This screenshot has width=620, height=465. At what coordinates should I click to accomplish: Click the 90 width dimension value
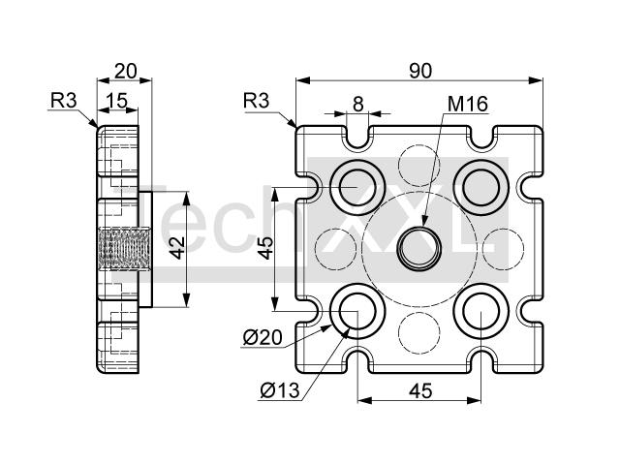[x=420, y=71]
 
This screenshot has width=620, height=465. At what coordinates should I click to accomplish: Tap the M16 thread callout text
[x=468, y=104]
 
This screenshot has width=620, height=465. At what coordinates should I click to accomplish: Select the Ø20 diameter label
[x=263, y=338]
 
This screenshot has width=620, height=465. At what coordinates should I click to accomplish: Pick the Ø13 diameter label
[x=280, y=390]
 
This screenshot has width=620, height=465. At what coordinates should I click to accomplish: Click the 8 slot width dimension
[x=357, y=105]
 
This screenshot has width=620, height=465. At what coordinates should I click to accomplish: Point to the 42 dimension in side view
[x=178, y=248]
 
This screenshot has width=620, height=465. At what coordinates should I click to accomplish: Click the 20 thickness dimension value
[x=125, y=71]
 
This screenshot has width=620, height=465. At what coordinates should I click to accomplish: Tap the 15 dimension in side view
[x=118, y=101]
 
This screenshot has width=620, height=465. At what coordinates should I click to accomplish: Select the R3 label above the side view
[x=63, y=101]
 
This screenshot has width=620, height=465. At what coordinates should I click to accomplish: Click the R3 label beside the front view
[x=256, y=101]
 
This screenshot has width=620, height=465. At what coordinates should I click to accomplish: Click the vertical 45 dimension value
[x=265, y=248]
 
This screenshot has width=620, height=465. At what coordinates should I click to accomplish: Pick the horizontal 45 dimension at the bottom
[x=420, y=391]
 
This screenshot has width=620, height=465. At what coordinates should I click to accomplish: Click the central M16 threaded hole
[x=419, y=248]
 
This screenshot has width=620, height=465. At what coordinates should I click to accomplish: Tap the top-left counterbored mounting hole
[x=357, y=187]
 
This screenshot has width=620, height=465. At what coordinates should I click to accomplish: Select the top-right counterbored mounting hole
[x=480, y=187]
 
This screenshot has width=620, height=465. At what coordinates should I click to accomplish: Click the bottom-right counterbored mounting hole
[x=480, y=311]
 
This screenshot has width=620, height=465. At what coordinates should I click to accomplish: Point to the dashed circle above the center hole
[x=419, y=166]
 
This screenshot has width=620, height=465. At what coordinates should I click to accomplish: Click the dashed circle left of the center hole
[x=336, y=249]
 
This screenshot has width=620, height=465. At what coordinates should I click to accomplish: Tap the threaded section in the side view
[x=124, y=248]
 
